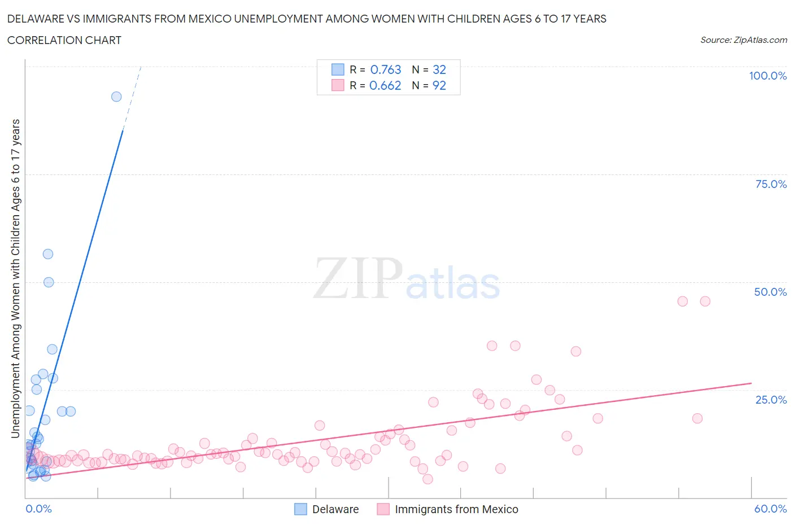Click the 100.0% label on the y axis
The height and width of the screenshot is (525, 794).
(x=767, y=76)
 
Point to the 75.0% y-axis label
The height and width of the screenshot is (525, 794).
(x=771, y=184)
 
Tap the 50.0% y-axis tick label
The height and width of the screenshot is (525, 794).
(x=770, y=292)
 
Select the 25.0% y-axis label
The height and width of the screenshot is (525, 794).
(x=771, y=400)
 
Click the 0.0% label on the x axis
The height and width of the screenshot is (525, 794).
(x=38, y=509)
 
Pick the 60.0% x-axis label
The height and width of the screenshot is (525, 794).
(x=770, y=509)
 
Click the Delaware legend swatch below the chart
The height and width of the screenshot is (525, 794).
(x=300, y=509)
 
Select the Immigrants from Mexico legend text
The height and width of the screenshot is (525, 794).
(x=456, y=509)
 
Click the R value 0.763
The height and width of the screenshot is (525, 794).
(x=386, y=69)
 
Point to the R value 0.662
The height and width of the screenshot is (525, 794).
(x=385, y=85)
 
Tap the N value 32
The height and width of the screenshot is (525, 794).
(x=439, y=69)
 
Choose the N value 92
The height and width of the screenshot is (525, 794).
(x=439, y=85)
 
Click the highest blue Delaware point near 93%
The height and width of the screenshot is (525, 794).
(x=116, y=97)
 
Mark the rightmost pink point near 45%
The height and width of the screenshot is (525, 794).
(x=705, y=301)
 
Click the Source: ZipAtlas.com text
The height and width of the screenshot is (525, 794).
(x=743, y=40)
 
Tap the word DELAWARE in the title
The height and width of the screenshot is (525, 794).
(x=36, y=19)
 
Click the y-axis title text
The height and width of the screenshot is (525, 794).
(x=15, y=278)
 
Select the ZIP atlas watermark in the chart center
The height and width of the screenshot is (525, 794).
(x=407, y=279)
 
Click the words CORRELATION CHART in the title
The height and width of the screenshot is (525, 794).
(x=64, y=40)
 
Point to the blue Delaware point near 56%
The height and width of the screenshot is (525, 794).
(x=48, y=254)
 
